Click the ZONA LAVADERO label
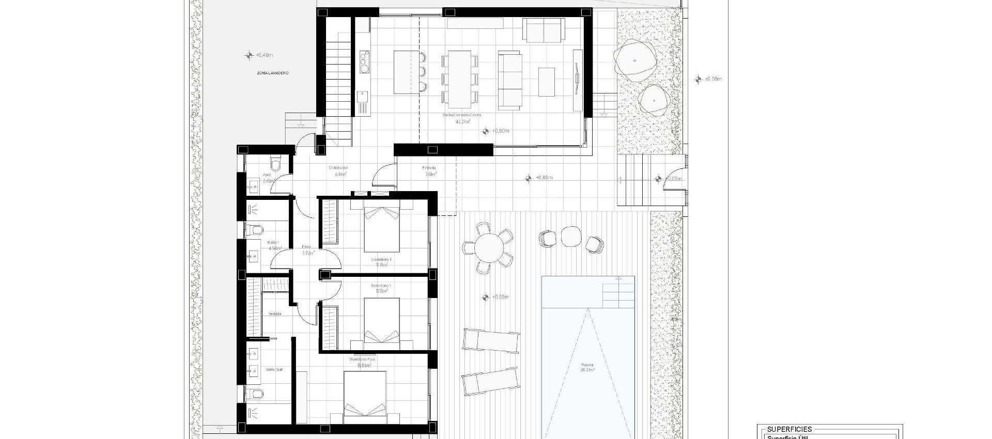pos(273,73)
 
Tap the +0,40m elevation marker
pos(264,55)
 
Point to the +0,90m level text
pos(501,131)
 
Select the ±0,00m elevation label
pos(713,80)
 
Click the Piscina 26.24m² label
pos(587,368)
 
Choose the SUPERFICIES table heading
pos(789,429)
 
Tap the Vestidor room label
pos(275,314)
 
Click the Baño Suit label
pos(274,370)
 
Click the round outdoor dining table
pos(488,248)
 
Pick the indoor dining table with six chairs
pos(459,76)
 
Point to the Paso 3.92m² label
pos(307,250)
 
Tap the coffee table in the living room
pos(546,82)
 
